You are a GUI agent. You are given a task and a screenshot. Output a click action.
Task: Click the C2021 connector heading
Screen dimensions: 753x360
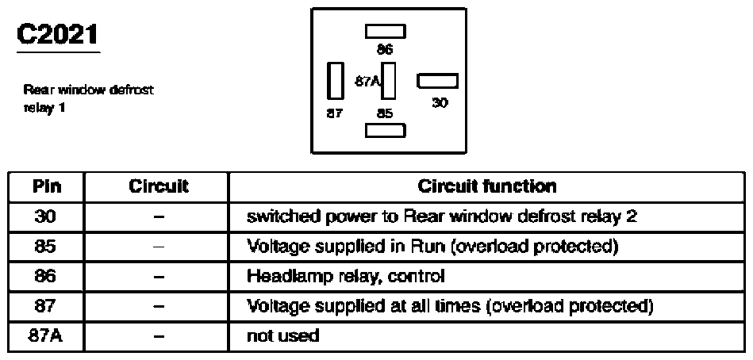(x=58, y=35)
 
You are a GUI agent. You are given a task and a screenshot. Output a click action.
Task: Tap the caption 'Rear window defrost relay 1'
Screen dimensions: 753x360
(x=88, y=98)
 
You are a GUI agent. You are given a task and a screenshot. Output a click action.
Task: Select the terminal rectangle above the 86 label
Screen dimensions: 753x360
(x=385, y=32)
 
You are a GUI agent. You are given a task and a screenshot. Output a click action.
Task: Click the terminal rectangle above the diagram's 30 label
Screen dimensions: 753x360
(x=437, y=81)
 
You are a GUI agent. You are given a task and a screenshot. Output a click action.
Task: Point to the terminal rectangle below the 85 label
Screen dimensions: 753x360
(x=385, y=131)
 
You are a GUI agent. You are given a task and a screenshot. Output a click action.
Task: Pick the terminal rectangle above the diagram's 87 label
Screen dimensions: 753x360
(x=335, y=81)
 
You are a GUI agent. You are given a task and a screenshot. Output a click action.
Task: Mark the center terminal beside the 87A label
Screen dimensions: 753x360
(x=388, y=81)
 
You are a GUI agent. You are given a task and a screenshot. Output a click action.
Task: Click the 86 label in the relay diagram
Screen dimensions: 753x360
(x=385, y=49)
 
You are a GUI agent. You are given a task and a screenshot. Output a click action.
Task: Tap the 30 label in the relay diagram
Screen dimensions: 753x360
(x=440, y=102)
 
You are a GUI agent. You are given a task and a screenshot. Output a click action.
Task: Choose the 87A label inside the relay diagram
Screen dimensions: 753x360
(x=367, y=82)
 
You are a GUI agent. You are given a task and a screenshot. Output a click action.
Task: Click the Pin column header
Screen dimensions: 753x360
(x=47, y=186)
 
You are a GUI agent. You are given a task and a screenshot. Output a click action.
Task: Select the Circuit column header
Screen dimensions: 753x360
(x=158, y=186)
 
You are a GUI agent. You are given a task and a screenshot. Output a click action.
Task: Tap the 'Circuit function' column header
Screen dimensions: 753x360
(x=487, y=186)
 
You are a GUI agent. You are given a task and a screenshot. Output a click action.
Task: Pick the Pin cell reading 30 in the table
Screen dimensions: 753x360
(x=45, y=217)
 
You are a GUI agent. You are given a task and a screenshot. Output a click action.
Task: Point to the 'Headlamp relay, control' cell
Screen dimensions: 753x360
(x=346, y=276)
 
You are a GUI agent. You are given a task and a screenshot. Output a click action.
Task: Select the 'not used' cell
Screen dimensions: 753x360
(x=282, y=335)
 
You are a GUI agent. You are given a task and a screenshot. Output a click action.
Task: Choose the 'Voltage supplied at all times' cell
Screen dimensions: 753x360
(x=450, y=306)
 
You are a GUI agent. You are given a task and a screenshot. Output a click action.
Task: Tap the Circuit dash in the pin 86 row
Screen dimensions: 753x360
(x=159, y=277)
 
